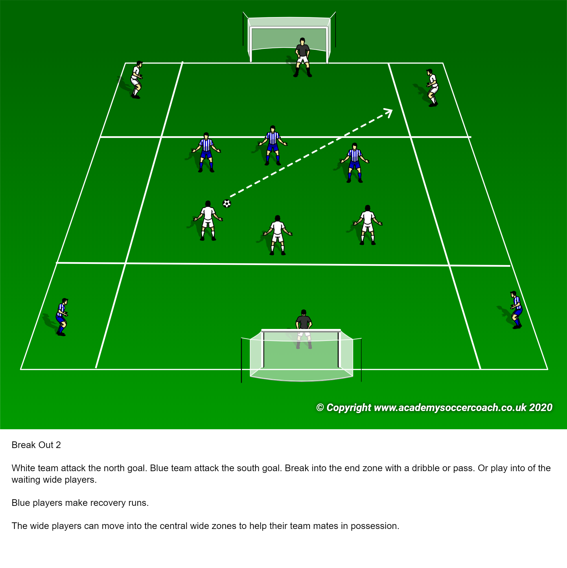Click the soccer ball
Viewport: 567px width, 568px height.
227,203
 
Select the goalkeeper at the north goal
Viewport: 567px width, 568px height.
303,58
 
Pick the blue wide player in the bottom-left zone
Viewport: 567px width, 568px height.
62,317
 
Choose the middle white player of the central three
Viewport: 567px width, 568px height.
277,235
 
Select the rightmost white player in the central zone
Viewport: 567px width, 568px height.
367,225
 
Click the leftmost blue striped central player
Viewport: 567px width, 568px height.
206,152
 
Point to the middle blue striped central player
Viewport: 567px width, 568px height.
273,145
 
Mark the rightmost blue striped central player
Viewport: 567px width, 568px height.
355,162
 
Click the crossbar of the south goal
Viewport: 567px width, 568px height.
301,331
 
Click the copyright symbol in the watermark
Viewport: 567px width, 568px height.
320,408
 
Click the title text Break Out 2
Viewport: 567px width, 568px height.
36,445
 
